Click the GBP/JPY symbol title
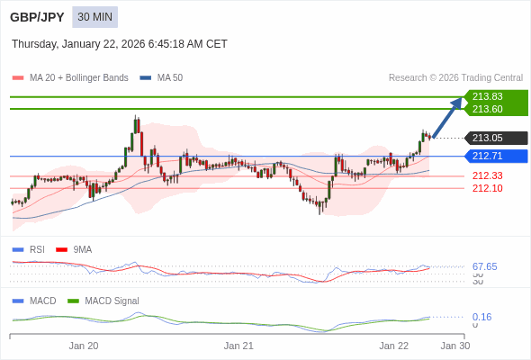[x=36, y=17]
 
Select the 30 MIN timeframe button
[x=94, y=17]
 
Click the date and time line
[x=120, y=44]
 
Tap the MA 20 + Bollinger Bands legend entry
[x=78, y=77]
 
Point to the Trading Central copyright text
[x=455, y=77]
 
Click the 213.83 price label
[x=487, y=96]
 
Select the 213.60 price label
[x=487, y=109]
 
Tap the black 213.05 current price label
[x=487, y=138]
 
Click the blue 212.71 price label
[x=487, y=156]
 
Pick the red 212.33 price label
[x=487, y=175]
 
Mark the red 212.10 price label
[x=487, y=188]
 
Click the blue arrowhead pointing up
[x=456, y=102]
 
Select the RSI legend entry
[x=36, y=249]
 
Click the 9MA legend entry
[x=82, y=249]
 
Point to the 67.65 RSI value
[x=484, y=266]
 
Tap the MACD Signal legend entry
[x=112, y=301]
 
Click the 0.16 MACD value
[x=481, y=317]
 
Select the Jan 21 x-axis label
[x=238, y=345]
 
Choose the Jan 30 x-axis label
[x=454, y=345]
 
